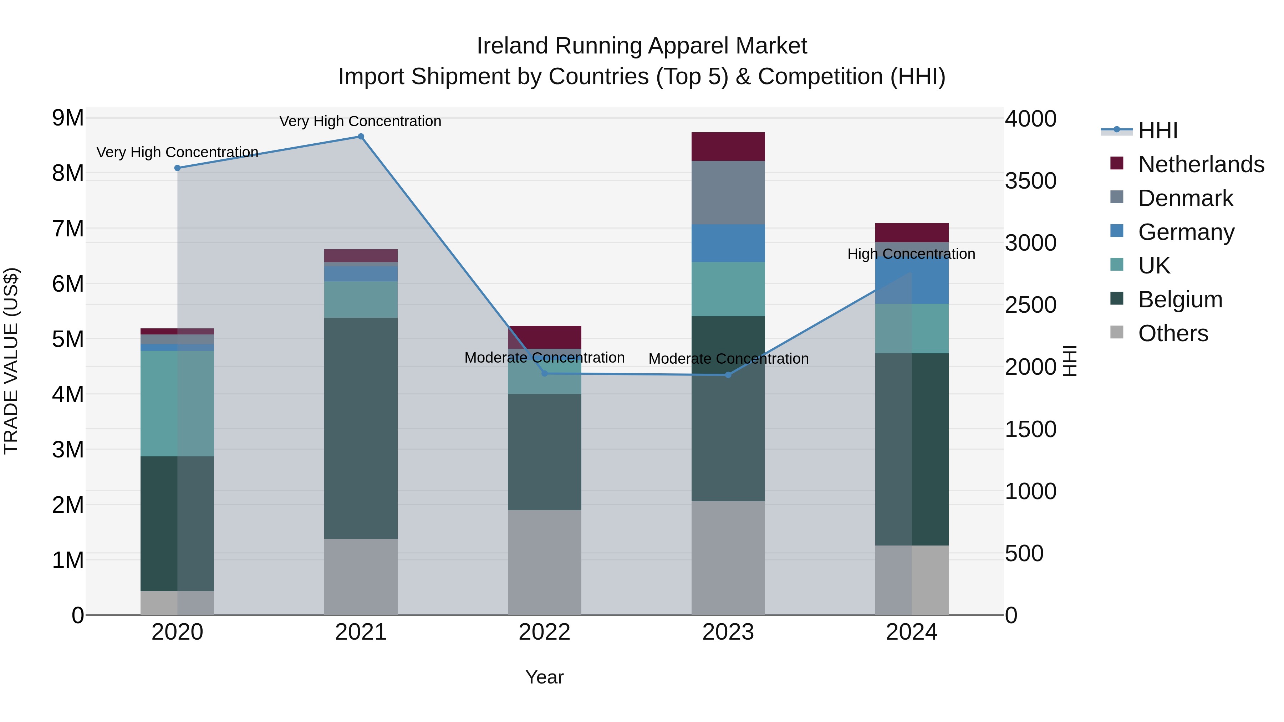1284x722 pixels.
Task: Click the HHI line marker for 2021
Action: [x=361, y=137]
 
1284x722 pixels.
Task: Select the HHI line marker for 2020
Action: [x=178, y=168]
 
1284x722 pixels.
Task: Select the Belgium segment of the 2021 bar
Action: [x=361, y=429]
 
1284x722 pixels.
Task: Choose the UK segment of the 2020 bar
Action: [x=178, y=404]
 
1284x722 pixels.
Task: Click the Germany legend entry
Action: [x=1186, y=232]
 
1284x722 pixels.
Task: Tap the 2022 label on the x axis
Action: [x=544, y=632]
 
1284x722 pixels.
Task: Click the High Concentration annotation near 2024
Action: [x=911, y=254]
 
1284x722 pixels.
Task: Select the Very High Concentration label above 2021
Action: [x=360, y=122]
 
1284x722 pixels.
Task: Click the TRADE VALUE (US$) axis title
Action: [x=11, y=361]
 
